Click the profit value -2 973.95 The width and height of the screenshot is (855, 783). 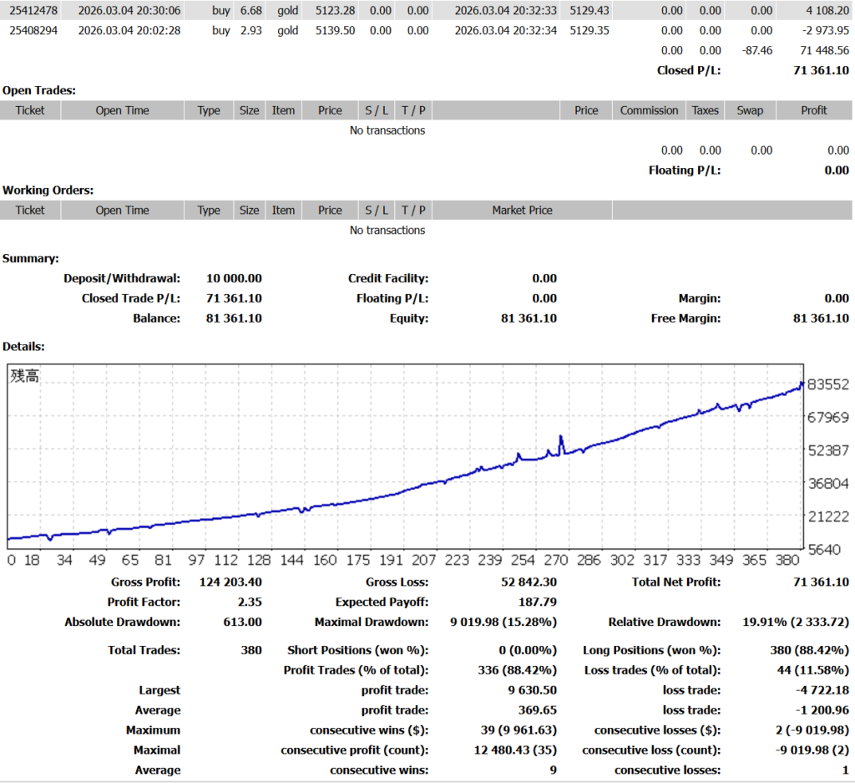click(x=822, y=30)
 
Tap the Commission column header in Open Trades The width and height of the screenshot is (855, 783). click(x=649, y=110)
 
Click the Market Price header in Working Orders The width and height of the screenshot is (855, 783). click(x=522, y=211)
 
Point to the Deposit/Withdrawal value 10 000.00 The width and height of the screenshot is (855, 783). click(x=234, y=278)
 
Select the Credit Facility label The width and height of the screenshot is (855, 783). click(x=388, y=278)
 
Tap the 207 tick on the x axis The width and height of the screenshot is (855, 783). click(x=423, y=560)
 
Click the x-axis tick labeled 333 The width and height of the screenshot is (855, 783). click(x=689, y=560)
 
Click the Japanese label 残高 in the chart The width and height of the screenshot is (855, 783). click(x=25, y=376)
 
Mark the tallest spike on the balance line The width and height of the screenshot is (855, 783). click(x=560, y=436)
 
